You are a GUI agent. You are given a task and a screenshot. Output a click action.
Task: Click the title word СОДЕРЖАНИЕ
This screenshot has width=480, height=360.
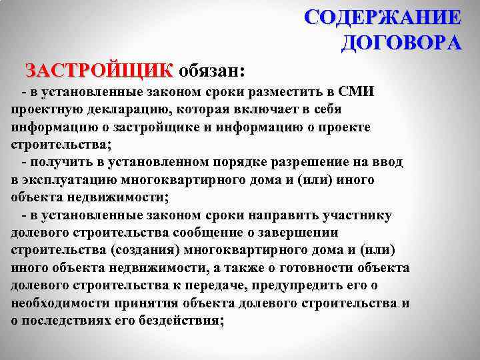pyautogui.click(x=382, y=17)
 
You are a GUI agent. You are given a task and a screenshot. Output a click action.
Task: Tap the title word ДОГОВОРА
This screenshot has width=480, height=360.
pyautogui.click(x=401, y=43)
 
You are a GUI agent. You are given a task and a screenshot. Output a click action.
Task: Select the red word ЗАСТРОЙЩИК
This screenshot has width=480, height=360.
pyautogui.click(x=99, y=70)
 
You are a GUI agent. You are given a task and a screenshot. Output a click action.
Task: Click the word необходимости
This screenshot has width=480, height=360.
pyautogui.click(x=55, y=303)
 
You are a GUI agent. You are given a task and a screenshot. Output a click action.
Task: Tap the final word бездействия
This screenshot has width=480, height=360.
pyautogui.click(x=181, y=320)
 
